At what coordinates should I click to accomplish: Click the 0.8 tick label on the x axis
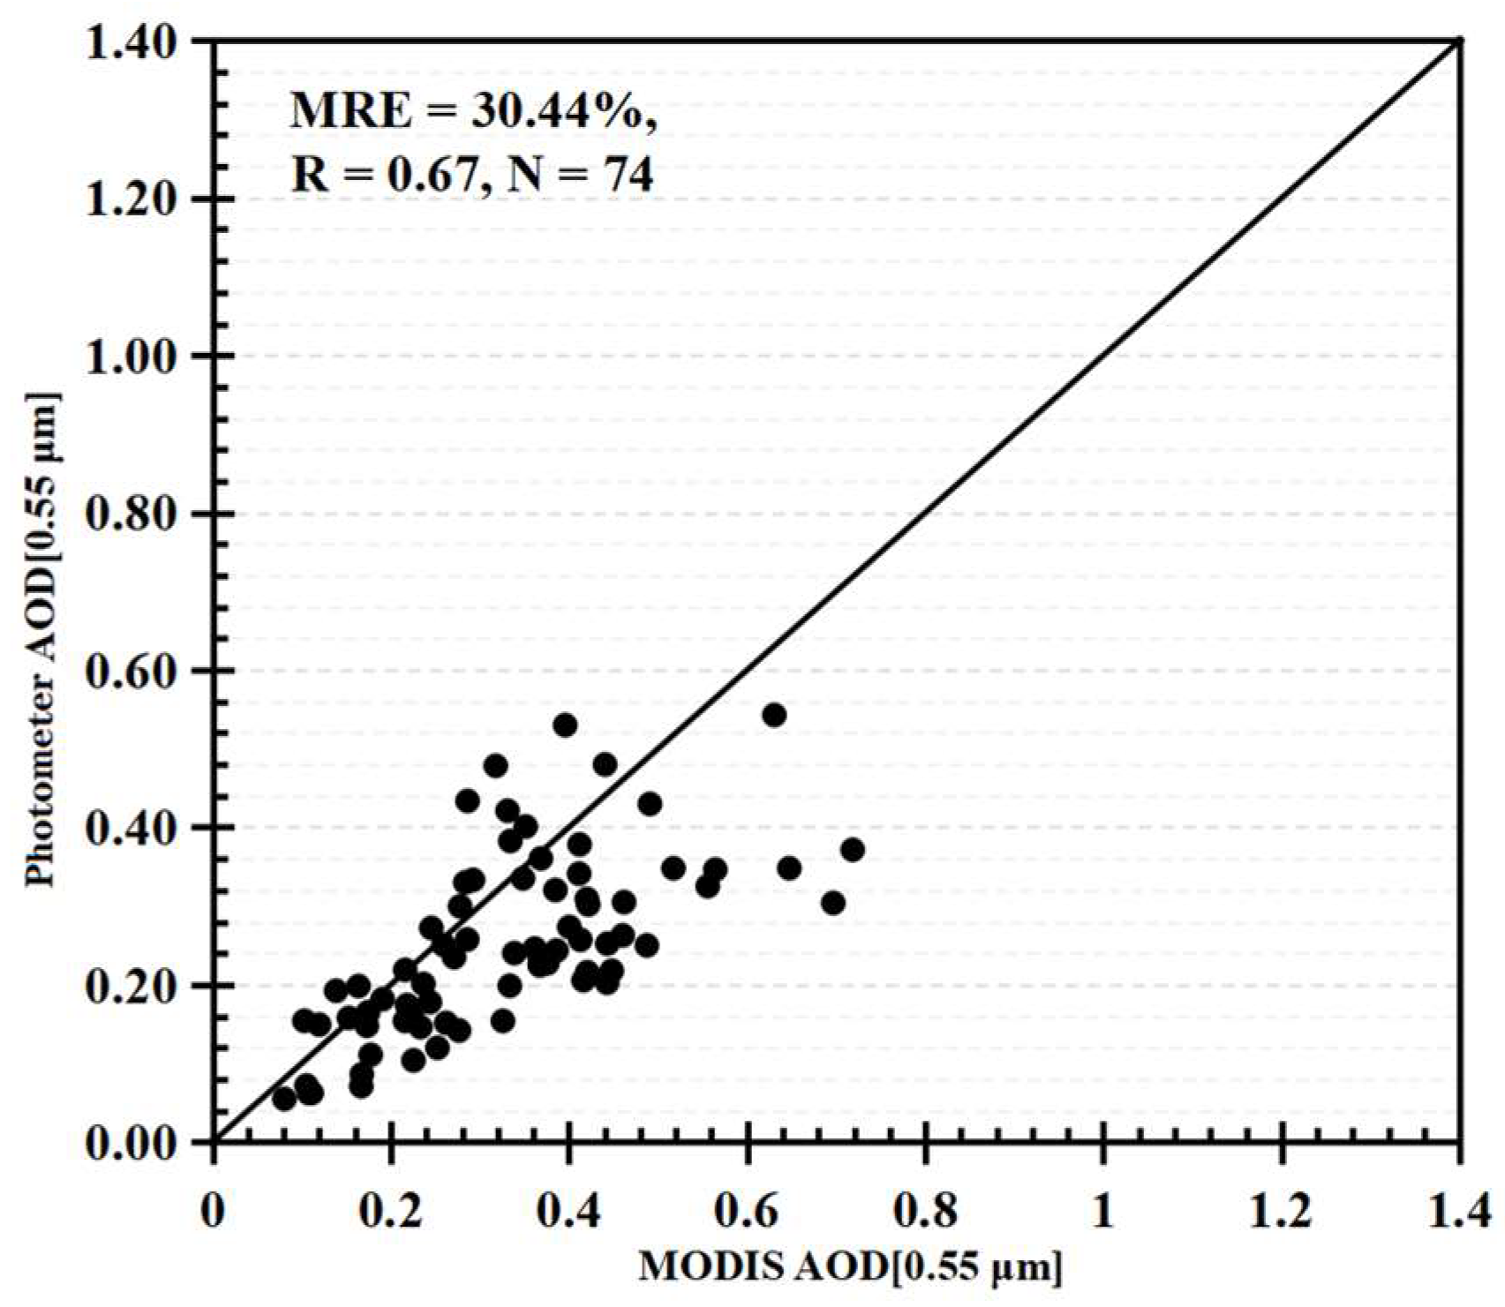click(925, 1212)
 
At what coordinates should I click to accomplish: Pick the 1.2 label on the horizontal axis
click(1281, 1212)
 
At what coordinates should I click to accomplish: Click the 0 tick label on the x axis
click(213, 1212)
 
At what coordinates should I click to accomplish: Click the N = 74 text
click(573, 176)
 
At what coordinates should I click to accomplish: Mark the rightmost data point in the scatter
click(852, 850)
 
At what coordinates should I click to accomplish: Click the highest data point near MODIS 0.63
click(774, 715)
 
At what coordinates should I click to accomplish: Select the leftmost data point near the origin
click(284, 1099)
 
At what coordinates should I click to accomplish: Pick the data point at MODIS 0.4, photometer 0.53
click(565, 725)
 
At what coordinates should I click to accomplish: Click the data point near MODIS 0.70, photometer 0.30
click(832, 903)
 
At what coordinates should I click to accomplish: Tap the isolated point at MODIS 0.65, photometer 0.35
click(789, 868)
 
